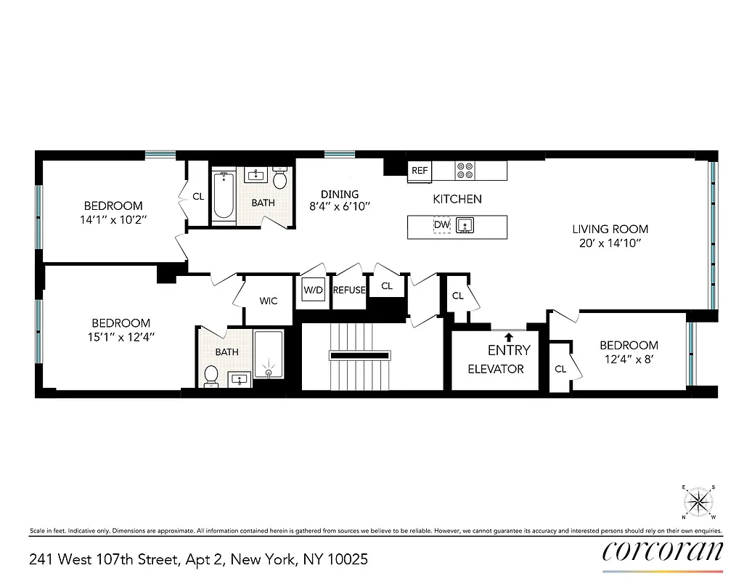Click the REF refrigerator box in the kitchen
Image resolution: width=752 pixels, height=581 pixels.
point(420,171)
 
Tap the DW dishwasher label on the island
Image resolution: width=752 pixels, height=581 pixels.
point(441,226)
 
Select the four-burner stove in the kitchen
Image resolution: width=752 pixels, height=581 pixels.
point(465,171)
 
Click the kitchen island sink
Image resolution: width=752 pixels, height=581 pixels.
point(465,226)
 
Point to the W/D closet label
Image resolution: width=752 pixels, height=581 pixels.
point(314,290)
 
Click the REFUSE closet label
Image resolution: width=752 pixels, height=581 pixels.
point(348,290)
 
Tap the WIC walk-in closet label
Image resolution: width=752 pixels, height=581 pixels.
point(268,301)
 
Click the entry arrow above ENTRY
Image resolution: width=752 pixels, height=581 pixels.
point(509,336)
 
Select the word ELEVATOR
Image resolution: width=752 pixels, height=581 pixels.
point(496,369)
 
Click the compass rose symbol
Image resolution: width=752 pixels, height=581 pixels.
point(699,500)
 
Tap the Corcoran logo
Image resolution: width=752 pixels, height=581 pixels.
point(663,551)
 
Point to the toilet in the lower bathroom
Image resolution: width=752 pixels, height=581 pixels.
point(211,375)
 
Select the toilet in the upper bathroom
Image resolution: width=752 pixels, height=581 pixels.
point(280,179)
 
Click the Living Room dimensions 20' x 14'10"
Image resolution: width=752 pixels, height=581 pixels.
point(609,245)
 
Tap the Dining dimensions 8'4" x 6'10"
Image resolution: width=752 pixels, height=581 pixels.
point(340,206)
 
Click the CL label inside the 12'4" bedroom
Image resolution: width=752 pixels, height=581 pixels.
point(560,369)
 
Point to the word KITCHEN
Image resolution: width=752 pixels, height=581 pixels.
point(457,199)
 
